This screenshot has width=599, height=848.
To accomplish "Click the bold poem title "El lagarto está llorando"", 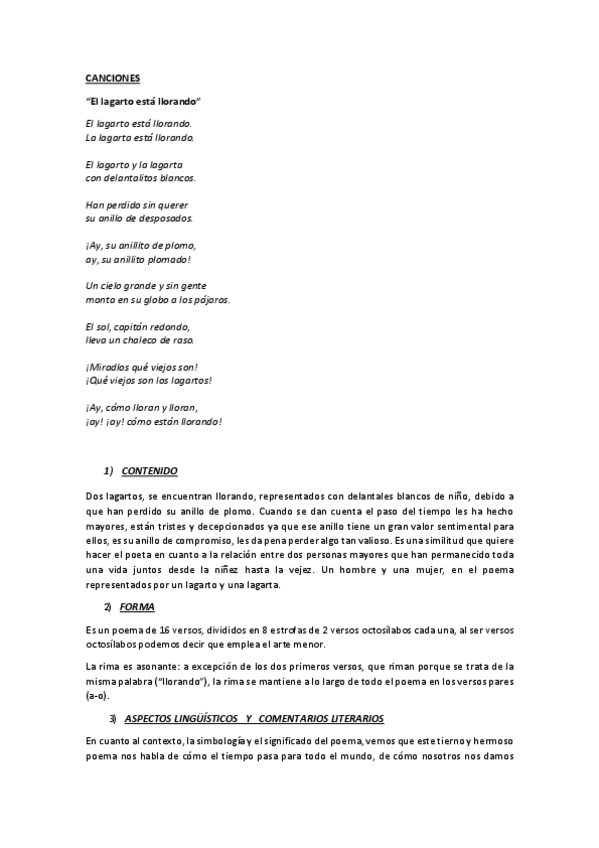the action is (x=144, y=101).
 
